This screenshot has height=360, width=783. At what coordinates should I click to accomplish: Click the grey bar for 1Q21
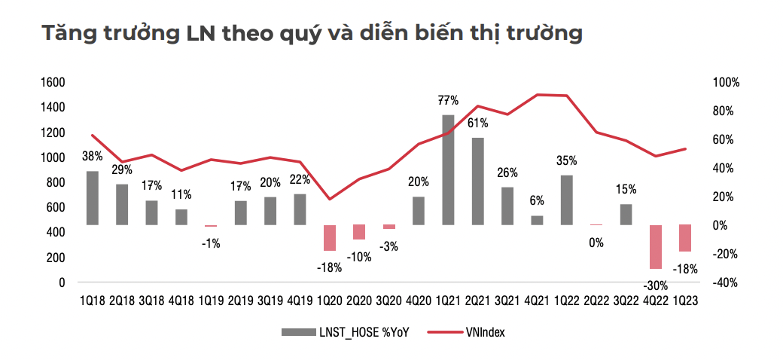click(447, 169)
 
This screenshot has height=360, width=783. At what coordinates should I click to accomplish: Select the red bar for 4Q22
click(655, 246)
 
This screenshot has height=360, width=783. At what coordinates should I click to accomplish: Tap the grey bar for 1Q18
click(92, 197)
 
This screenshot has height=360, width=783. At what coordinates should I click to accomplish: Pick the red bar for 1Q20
click(329, 237)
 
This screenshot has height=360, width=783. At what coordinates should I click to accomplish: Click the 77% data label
click(449, 100)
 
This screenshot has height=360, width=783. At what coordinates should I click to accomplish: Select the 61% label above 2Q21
click(477, 123)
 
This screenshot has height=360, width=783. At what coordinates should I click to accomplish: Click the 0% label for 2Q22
click(596, 242)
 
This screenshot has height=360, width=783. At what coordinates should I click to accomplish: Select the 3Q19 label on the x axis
click(270, 301)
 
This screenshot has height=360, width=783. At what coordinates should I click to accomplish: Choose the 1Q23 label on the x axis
click(684, 301)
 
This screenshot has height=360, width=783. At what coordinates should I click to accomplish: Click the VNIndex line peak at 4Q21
click(537, 95)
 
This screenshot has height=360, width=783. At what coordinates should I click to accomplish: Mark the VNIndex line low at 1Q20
click(329, 199)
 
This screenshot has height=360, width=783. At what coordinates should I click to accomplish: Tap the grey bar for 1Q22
click(566, 200)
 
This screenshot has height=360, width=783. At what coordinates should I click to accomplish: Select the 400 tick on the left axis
click(57, 233)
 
